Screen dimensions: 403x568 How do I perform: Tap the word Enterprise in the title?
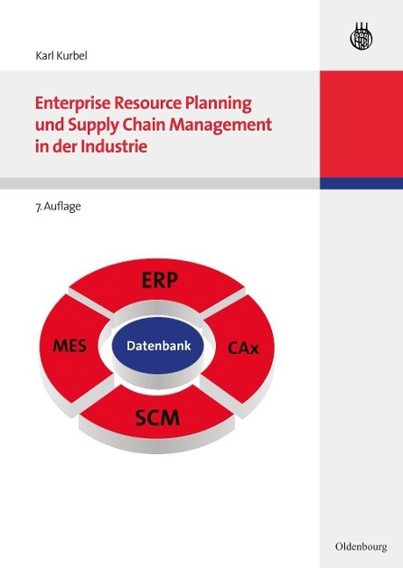click(x=73, y=104)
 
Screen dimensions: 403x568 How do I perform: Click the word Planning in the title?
click(x=219, y=104)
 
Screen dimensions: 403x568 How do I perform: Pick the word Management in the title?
click(x=221, y=125)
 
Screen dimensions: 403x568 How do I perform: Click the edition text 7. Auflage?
click(x=58, y=207)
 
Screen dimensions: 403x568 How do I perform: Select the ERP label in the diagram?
click(x=160, y=280)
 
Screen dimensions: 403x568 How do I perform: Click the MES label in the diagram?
click(x=69, y=345)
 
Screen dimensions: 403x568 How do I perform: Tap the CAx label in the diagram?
click(x=243, y=348)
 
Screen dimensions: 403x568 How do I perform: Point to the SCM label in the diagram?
click(x=157, y=417)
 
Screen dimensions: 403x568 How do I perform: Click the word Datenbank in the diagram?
click(x=159, y=345)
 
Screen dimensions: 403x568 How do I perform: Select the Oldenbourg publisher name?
click(x=361, y=547)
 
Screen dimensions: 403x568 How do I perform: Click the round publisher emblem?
click(x=361, y=37)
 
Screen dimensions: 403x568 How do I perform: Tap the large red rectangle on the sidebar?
click(x=361, y=124)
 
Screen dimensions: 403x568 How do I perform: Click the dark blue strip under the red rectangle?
click(x=361, y=183)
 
